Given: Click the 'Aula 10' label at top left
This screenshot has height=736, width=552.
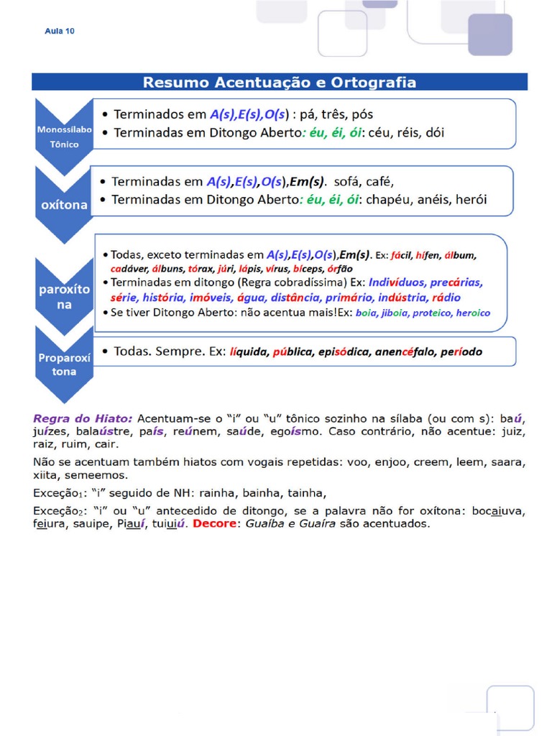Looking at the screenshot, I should tap(60, 31).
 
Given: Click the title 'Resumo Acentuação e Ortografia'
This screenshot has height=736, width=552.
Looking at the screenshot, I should tap(280, 82).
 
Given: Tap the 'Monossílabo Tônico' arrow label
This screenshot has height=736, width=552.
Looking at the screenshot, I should tap(63, 137).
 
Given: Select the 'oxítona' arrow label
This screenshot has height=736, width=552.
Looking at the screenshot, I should tap(64, 205).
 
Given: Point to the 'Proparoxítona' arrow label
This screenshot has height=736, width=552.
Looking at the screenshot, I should tap(63, 364).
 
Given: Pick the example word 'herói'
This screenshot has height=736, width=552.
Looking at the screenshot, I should tap(470, 200).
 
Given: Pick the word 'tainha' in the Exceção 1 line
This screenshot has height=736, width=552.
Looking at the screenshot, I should tap(306, 493).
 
